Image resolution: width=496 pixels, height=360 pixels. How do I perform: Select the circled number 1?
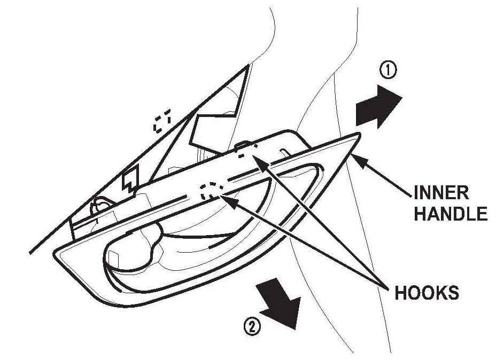pos(387,70)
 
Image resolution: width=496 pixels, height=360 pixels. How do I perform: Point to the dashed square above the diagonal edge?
pos(162,121)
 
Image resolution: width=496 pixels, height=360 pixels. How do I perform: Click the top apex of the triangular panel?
pos(249,66)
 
